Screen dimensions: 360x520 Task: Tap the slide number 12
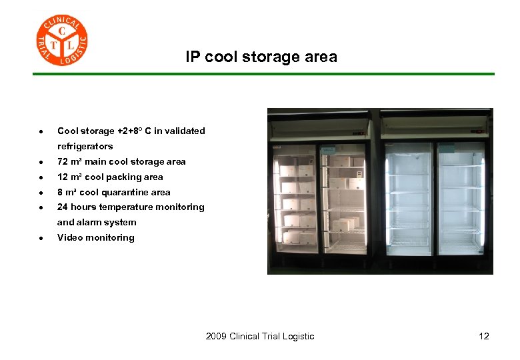484,336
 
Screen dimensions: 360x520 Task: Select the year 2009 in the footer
216,336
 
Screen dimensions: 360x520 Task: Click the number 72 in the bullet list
63,161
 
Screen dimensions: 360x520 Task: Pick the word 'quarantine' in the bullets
127,192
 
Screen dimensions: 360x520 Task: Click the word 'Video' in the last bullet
69,237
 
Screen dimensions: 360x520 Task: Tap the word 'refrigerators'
85,146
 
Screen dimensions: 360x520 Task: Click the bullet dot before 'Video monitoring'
41,238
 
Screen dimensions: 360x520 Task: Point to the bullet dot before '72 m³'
41,162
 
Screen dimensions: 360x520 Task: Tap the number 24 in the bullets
63,207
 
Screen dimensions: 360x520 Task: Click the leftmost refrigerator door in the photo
295,197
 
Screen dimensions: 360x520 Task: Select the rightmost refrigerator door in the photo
461,197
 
